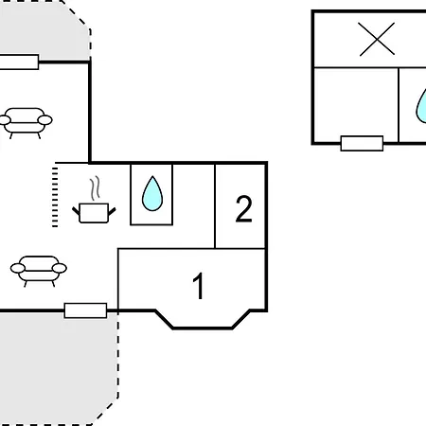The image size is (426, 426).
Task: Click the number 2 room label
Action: (x=244, y=209)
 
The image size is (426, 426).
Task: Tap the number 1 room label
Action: (x=199, y=286)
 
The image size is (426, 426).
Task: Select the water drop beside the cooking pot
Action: (x=152, y=194)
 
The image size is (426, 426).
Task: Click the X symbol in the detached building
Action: (x=377, y=39)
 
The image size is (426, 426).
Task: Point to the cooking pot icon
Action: (x=94, y=213)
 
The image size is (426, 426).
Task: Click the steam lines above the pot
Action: (x=95, y=188)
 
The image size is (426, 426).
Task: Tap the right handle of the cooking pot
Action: (x=112, y=211)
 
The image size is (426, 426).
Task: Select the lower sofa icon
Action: (x=39, y=271)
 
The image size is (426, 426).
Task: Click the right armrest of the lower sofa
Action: (x=60, y=268)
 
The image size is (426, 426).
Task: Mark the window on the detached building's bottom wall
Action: (x=362, y=143)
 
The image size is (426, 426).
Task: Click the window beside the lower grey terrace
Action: (x=85, y=311)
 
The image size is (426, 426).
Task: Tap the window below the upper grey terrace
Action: (x=19, y=62)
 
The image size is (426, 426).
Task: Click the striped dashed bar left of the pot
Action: (x=55, y=197)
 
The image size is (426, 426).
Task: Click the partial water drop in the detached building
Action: (x=421, y=106)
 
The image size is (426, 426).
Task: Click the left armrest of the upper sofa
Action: (x=5, y=120)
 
